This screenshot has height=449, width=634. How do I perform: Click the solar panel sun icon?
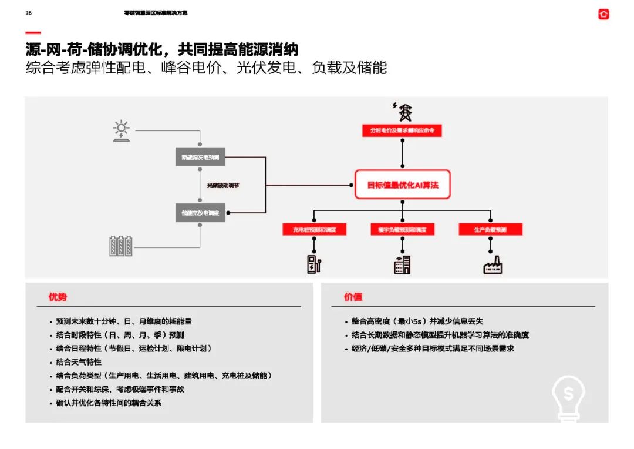[x=122, y=131]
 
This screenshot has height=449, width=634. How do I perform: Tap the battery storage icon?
[x=121, y=246]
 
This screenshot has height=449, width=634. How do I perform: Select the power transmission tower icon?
[x=403, y=111]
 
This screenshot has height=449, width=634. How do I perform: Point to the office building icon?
[x=402, y=264]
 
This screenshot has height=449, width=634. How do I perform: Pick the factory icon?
[x=493, y=265]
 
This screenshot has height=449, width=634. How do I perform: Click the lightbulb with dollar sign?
[x=568, y=397]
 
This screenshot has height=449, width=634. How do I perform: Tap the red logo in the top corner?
[x=603, y=14]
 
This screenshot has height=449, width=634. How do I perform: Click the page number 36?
[x=28, y=13]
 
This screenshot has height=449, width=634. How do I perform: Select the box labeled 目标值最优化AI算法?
[x=402, y=185]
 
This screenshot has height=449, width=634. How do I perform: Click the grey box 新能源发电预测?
[x=200, y=158]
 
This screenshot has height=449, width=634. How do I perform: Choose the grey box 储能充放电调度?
[x=200, y=213]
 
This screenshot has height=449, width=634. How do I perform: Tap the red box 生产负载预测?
[x=490, y=229]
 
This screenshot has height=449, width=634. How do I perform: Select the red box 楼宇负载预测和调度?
[x=402, y=229]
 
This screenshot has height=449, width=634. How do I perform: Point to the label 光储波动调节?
[x=223, y=186]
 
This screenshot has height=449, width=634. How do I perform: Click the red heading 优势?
[x=58, y=297]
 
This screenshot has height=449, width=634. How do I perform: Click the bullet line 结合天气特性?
[x=79, y=362]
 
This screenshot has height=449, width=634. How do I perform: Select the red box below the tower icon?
[x=402, y=130]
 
